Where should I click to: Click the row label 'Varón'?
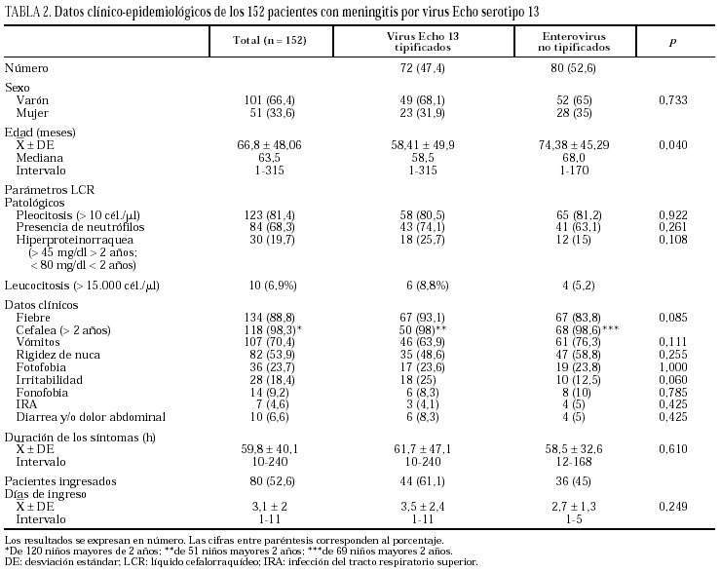tap(34, 100)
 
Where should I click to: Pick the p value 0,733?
tap(673, 100)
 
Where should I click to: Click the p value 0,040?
tap(673, 143)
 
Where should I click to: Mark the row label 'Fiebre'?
tap(33, 317)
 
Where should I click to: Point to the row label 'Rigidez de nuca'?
tap(54, 354)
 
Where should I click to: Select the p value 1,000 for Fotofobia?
tap(673, 366)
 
